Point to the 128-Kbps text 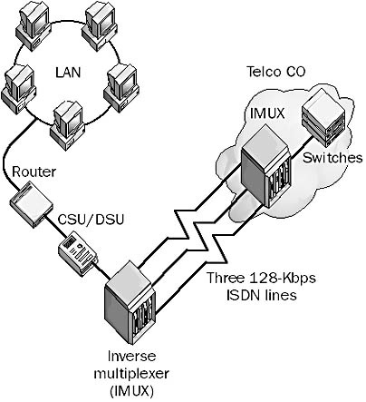(x=283, y=278)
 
